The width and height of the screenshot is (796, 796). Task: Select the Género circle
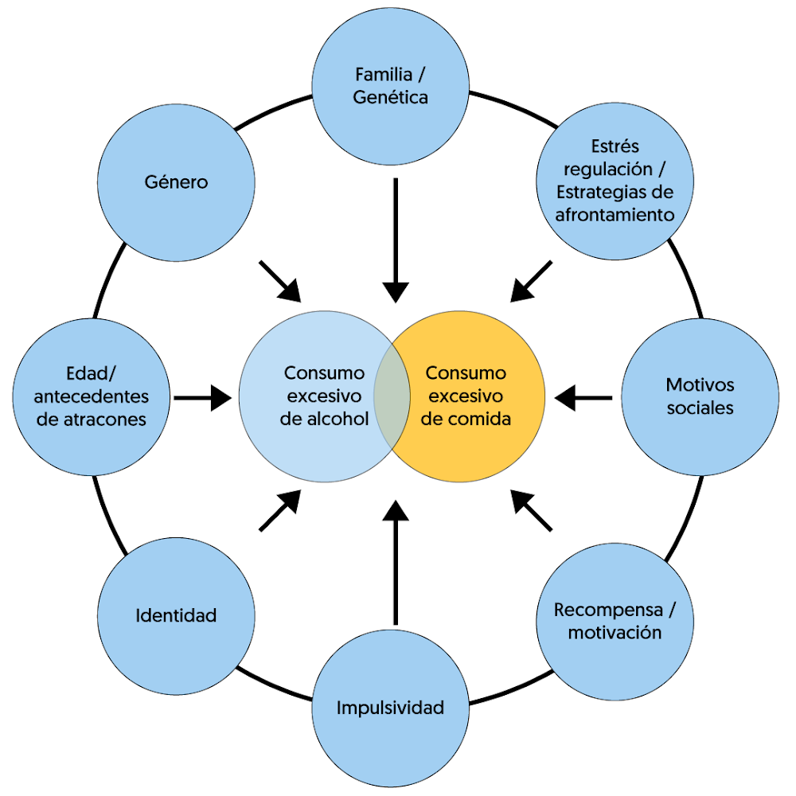pos(176,182)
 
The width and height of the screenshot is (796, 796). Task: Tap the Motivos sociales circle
pos(700,396)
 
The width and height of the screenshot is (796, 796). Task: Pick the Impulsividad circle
pos(390,707)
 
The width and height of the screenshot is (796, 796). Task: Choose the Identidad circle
pos(176,615)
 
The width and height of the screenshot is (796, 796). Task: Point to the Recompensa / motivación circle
pos(615,621)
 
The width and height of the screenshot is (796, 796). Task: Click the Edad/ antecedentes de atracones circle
pos(92,396)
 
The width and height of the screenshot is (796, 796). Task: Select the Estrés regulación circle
pos(615,181)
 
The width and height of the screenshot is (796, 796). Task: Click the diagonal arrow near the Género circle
pos(281,281)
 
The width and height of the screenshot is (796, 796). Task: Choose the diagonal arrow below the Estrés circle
pos(531,281)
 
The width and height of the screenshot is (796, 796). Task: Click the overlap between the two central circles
pos(392,396)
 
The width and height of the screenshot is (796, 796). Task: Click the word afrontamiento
pos(615,214)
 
